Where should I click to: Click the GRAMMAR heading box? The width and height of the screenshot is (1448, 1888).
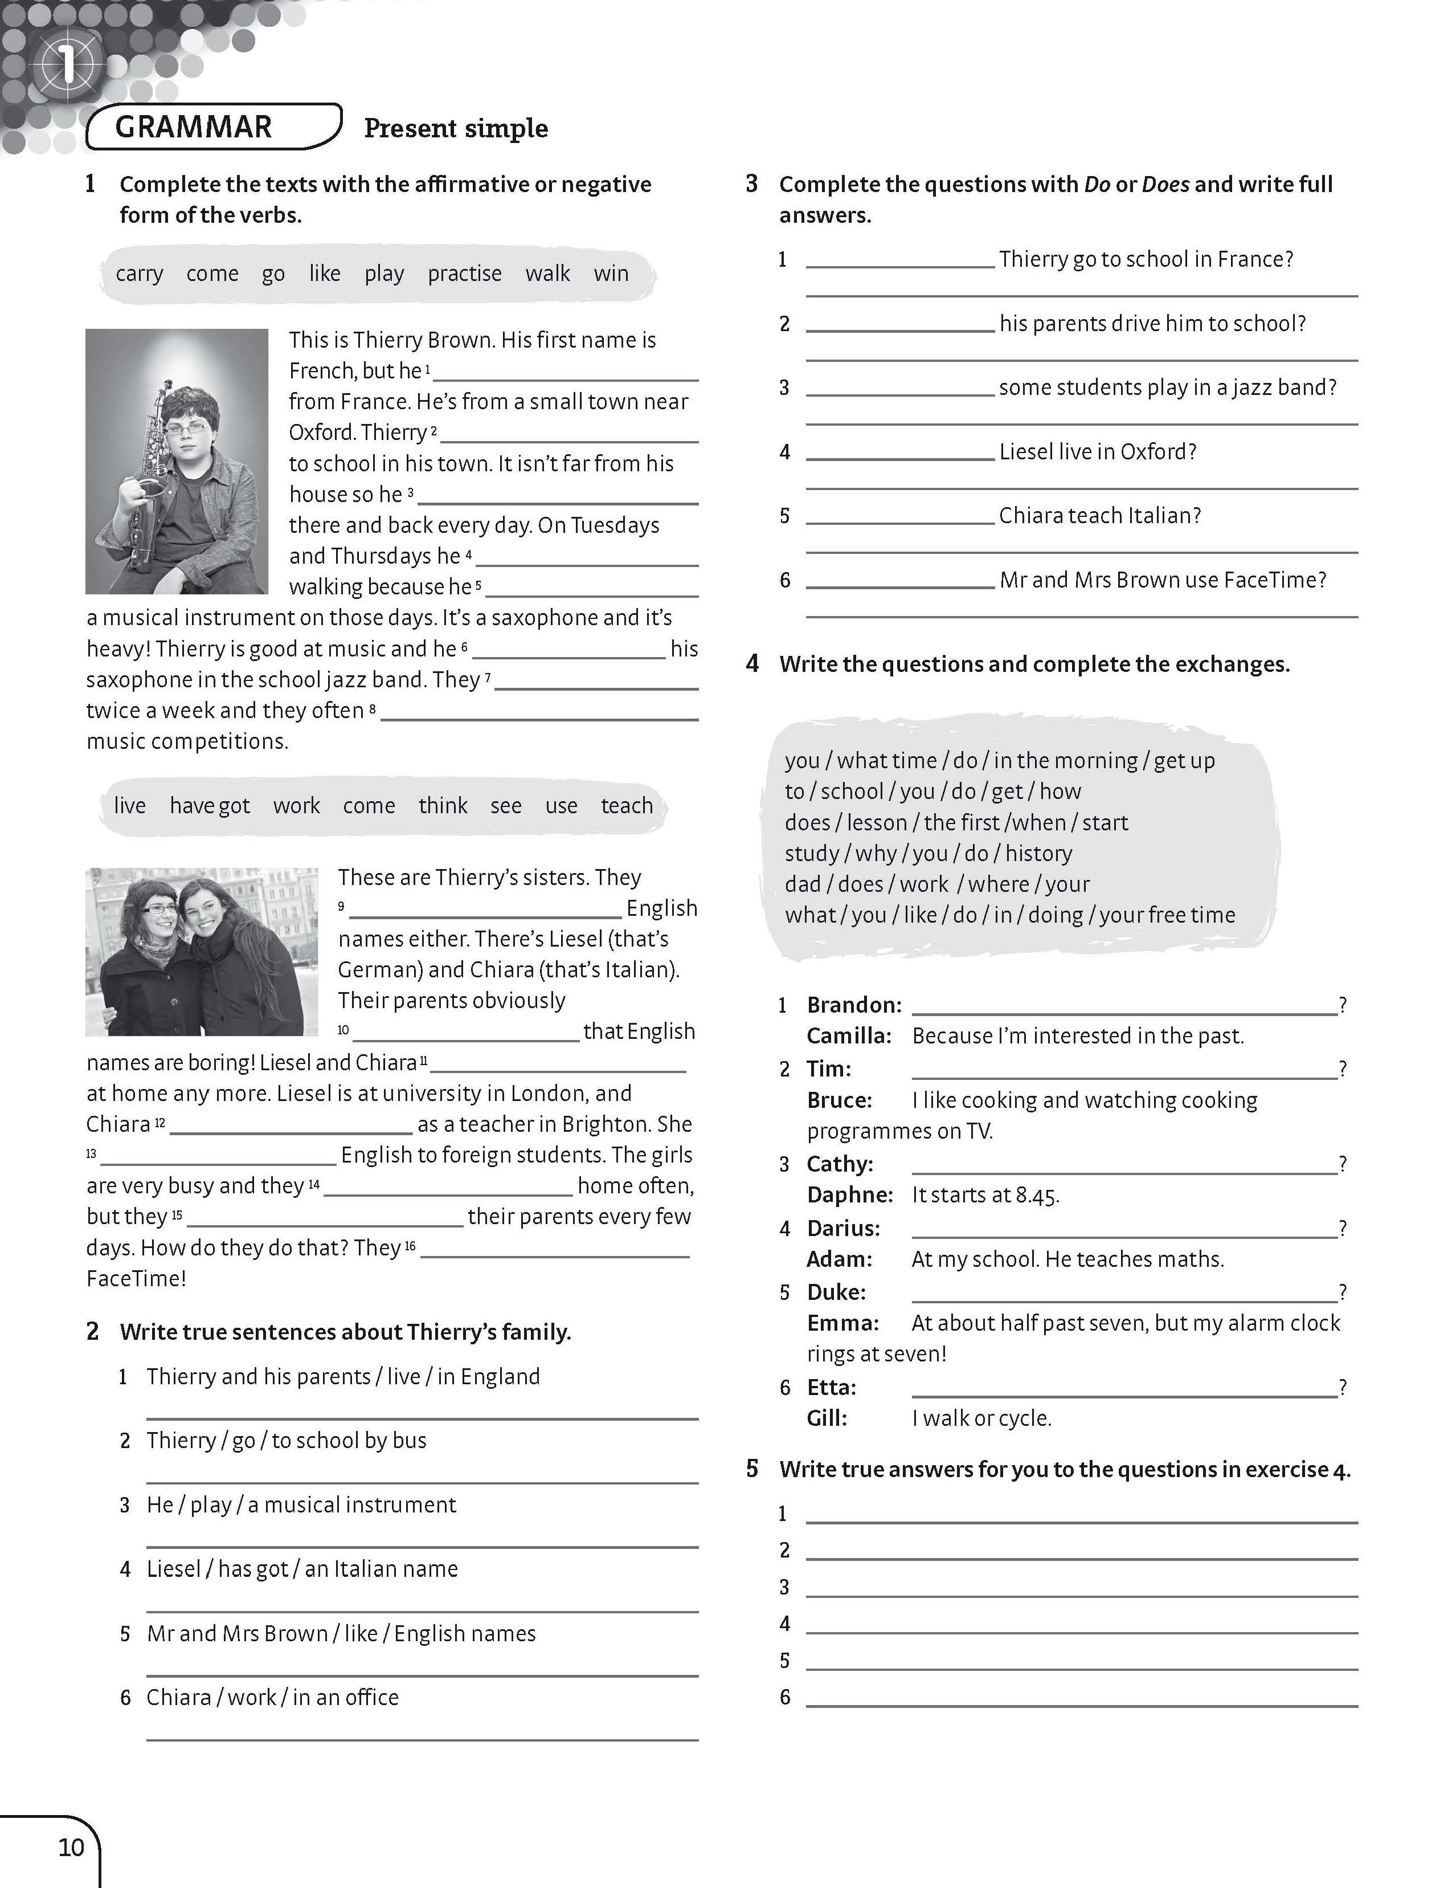pos(213,127)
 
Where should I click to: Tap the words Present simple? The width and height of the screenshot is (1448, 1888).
pos(456,128)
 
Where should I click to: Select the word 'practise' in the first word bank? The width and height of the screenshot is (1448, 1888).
pos(465,274)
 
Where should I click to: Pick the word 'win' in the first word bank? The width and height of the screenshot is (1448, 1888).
pos(611,274)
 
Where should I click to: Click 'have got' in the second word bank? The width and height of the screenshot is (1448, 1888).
pos(210,805)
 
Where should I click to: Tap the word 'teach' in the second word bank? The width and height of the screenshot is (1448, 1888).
pos(627,805)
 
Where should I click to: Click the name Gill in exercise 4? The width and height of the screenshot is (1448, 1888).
pos(827,1418)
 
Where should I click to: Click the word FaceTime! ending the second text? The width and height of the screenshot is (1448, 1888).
pos(136,1278)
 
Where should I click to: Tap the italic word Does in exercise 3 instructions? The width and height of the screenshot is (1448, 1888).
pos(1165,185)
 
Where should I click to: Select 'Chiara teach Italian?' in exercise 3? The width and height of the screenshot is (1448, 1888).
pos(1100,516)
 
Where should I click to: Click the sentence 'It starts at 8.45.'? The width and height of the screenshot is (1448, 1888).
pos(985,1195)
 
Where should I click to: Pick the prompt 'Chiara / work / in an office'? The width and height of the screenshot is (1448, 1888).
pos(272,1698)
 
